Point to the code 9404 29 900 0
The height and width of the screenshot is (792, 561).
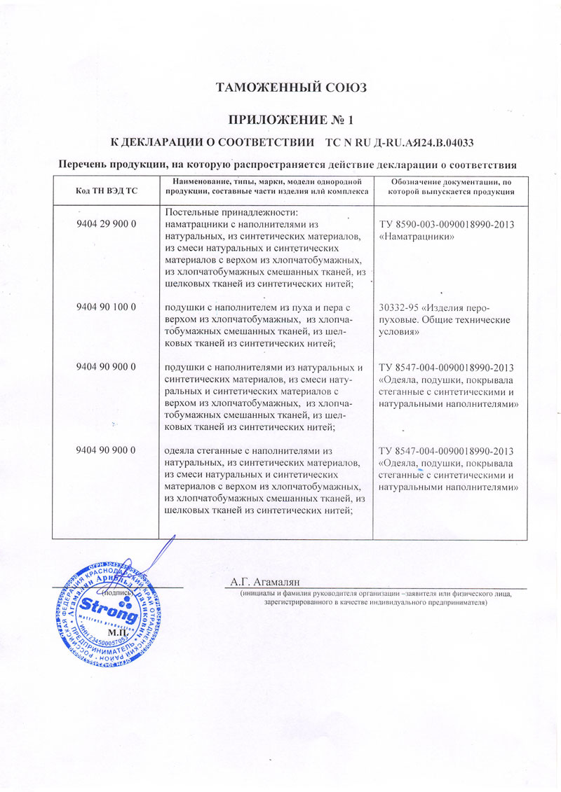click(x=105, y=225)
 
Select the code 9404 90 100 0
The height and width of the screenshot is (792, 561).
click(x=105, y=307)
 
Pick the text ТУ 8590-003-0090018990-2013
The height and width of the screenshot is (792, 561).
click(x=447, y=225)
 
